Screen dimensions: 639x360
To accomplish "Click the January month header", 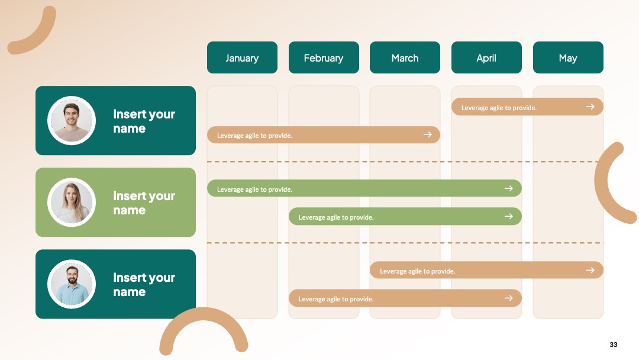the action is (x=242, y=57).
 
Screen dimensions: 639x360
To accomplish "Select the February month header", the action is (x=324, y=57).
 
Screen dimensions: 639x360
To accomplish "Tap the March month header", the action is (x=405, y=57).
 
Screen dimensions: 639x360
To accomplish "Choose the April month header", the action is (x=486, y=57).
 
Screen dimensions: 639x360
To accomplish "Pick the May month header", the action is (x=568, y=57).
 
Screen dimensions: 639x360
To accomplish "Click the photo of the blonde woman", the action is (x=72, y=202).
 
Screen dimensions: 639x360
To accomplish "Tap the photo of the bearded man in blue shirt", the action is (x=72, y=284).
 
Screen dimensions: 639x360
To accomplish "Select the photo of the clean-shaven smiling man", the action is (x=72, y=121).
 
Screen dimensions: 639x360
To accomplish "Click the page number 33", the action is (x=614, y=345).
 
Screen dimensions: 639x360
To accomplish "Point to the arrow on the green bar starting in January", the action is (x=509, y=188).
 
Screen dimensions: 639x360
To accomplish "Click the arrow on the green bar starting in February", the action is (x=509, y=216).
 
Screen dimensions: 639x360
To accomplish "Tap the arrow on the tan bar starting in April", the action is (x=590, y=107).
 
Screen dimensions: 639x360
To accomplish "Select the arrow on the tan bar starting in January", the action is (x=428, y=134).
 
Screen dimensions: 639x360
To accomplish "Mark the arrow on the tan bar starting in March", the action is (x=590, y=271).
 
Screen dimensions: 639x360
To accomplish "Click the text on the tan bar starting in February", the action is (x=336, y=299).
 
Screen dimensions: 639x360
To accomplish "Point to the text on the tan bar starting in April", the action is (x=499, y=108).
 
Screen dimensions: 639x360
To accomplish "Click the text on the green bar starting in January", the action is (x=254, y=189).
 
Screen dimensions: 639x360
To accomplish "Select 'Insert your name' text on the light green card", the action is (x=144, y=203).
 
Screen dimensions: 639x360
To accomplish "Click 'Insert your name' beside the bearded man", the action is (x=144, y=285).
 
